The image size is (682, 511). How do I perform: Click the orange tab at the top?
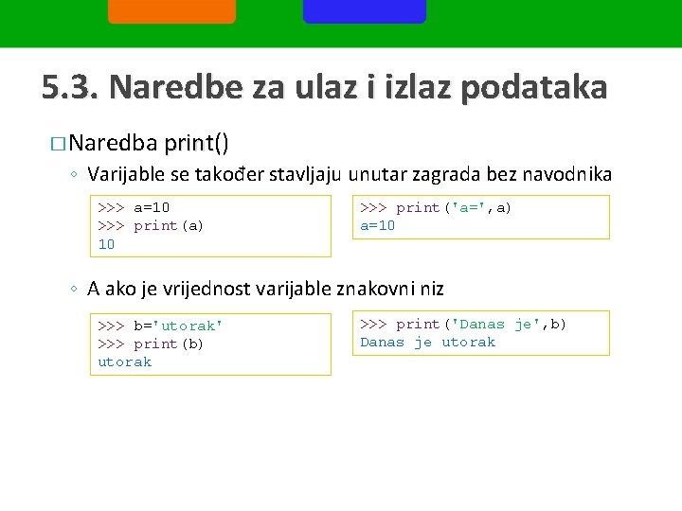(x=171, y=11)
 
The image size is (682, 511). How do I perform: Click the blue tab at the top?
(x=365, y=11)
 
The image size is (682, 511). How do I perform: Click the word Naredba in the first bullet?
(x=113, y=144)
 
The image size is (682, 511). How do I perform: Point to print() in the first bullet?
(x=196, y=144)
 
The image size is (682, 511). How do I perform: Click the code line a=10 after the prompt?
(x=152, y=207)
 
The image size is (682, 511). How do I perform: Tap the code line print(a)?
(x=169, y=225)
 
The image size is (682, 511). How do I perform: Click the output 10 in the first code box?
(x=107, y=244)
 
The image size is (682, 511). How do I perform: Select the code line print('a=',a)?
(x=454, y=207)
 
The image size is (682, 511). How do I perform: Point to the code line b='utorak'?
(x=178, y=326)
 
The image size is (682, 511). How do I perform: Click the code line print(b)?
(x=169, y=344)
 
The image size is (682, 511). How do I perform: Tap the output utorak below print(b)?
(x=125, y=361)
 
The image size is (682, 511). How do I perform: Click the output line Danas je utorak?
(x=428, y=342)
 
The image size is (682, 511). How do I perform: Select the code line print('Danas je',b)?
(x=481, y=324)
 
